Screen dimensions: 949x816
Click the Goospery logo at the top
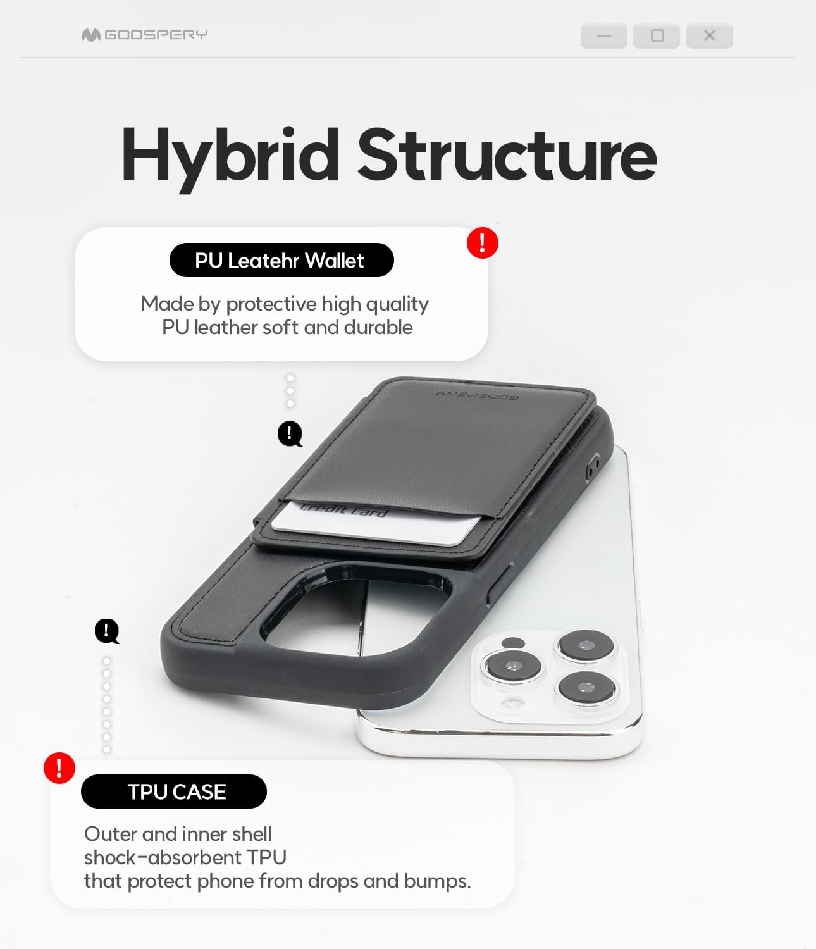click(144, 35)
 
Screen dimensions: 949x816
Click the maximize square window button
click(657, 36)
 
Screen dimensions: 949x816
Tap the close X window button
click(709, 36)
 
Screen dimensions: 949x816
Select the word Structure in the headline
click(507, 155)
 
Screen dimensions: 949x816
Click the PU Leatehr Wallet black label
click(281, 260)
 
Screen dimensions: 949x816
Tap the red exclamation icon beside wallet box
click(483, 243)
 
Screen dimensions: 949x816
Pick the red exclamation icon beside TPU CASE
click(59, 767)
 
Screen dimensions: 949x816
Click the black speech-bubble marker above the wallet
click(290, 433)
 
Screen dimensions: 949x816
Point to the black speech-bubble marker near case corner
click(106, 631)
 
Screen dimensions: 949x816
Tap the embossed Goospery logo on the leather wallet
click(478, 395)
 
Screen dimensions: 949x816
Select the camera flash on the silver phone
click(513, 643)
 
